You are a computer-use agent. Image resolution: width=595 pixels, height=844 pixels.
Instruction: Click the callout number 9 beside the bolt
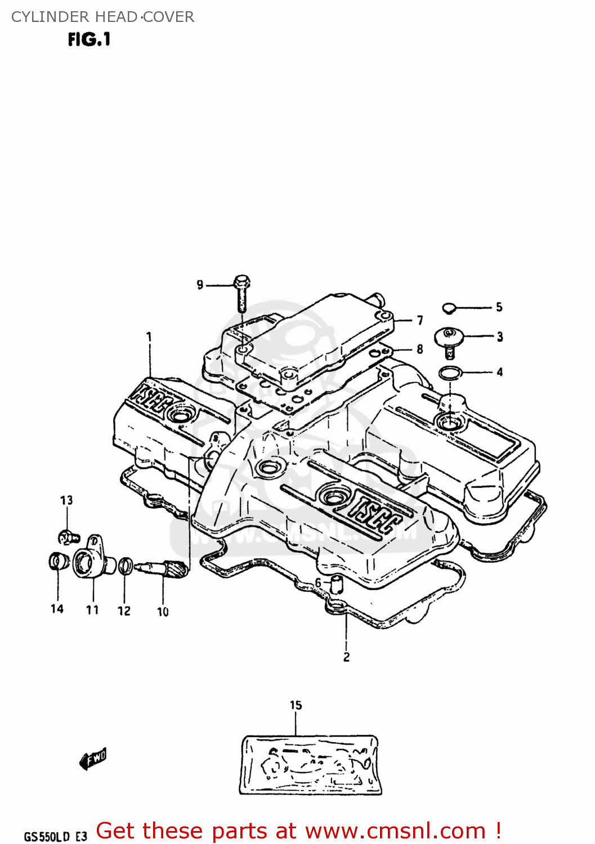pos(200,285)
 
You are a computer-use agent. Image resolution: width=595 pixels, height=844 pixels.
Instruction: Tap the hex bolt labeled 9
pos(241,292)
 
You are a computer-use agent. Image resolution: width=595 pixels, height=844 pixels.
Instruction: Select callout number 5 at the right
pos(499,307)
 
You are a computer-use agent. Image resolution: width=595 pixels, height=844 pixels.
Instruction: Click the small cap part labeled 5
pos(449,308)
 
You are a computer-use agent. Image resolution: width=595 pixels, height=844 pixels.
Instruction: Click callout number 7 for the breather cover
pos(420,321)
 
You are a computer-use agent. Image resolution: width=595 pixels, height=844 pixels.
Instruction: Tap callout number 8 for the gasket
pos(420,349)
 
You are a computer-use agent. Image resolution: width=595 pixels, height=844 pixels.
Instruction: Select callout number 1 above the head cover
pos(149,337)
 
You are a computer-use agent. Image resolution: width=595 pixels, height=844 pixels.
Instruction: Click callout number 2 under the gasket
pos(346,657)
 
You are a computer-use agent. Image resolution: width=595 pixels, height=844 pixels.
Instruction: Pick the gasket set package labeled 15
pos(310,765)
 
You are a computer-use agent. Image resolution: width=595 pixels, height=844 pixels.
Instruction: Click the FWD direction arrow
pos(93,759)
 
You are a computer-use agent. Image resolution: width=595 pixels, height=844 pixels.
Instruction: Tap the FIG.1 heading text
pos(89,39)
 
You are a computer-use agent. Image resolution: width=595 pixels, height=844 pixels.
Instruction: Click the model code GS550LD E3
pos(55,836)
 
